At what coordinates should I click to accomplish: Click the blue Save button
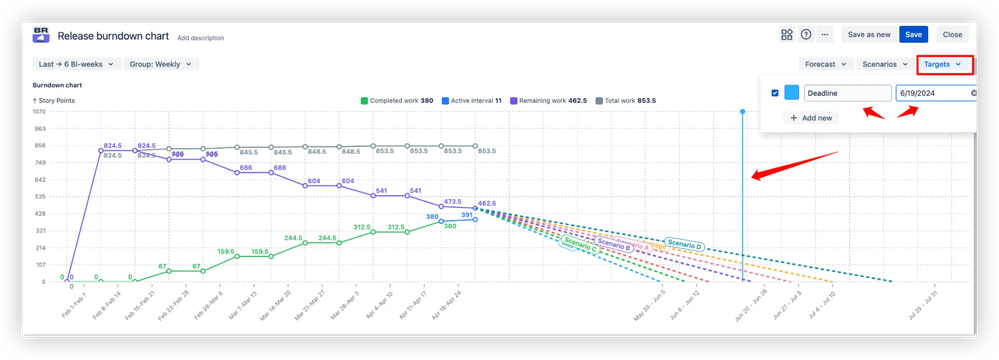tap(912, 34)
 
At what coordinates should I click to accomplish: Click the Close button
tap(951, 34)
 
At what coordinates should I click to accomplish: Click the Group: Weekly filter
tap(162, 64)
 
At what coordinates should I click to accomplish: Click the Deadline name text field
tap(847, 93)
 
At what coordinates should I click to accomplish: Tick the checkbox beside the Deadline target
tap(775, 93)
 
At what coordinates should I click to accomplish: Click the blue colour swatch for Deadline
tap(791, 93)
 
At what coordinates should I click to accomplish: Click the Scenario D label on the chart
tap(685, 245)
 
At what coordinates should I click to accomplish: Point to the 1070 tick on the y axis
tap(41, 111)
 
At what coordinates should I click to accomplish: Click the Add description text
tap(200, 38)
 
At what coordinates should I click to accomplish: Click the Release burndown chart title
tap(113, 35)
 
